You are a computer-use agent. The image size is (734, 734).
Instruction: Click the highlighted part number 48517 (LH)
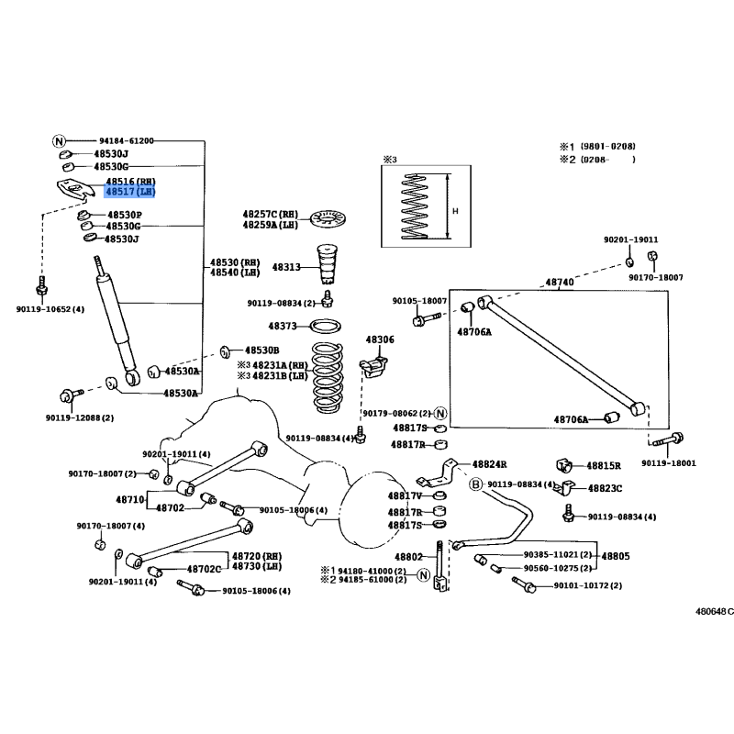pyautogui.click(x=130, y=193)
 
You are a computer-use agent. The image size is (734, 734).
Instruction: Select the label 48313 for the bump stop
pyautogui.click(x=284, y=267)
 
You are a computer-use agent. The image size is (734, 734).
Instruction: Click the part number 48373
pyautogui.click(x=283, y=326)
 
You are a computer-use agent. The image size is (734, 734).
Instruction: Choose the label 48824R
pyautogui.click(x=489, y=465)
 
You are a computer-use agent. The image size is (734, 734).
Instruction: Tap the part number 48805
pyautogui.click(x=615, y=556)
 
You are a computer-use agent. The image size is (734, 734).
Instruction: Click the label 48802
pyautogui.click(x=408, y=557)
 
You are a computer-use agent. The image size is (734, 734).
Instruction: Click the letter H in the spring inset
pyautogui.click(x=455, y=210)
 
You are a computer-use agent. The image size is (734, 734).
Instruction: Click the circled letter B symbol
pyautogui.click(x=476, y=484)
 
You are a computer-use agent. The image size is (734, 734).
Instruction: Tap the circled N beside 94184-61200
pyautogui.click(x=60, y=141)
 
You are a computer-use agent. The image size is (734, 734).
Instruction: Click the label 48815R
pyautogui.click(x=604, y=466)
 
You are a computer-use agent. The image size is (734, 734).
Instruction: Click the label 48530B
pyautogui.click(x=261, y=350)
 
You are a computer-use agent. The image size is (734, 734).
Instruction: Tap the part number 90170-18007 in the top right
pyautogui.click(x=656, y=277)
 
